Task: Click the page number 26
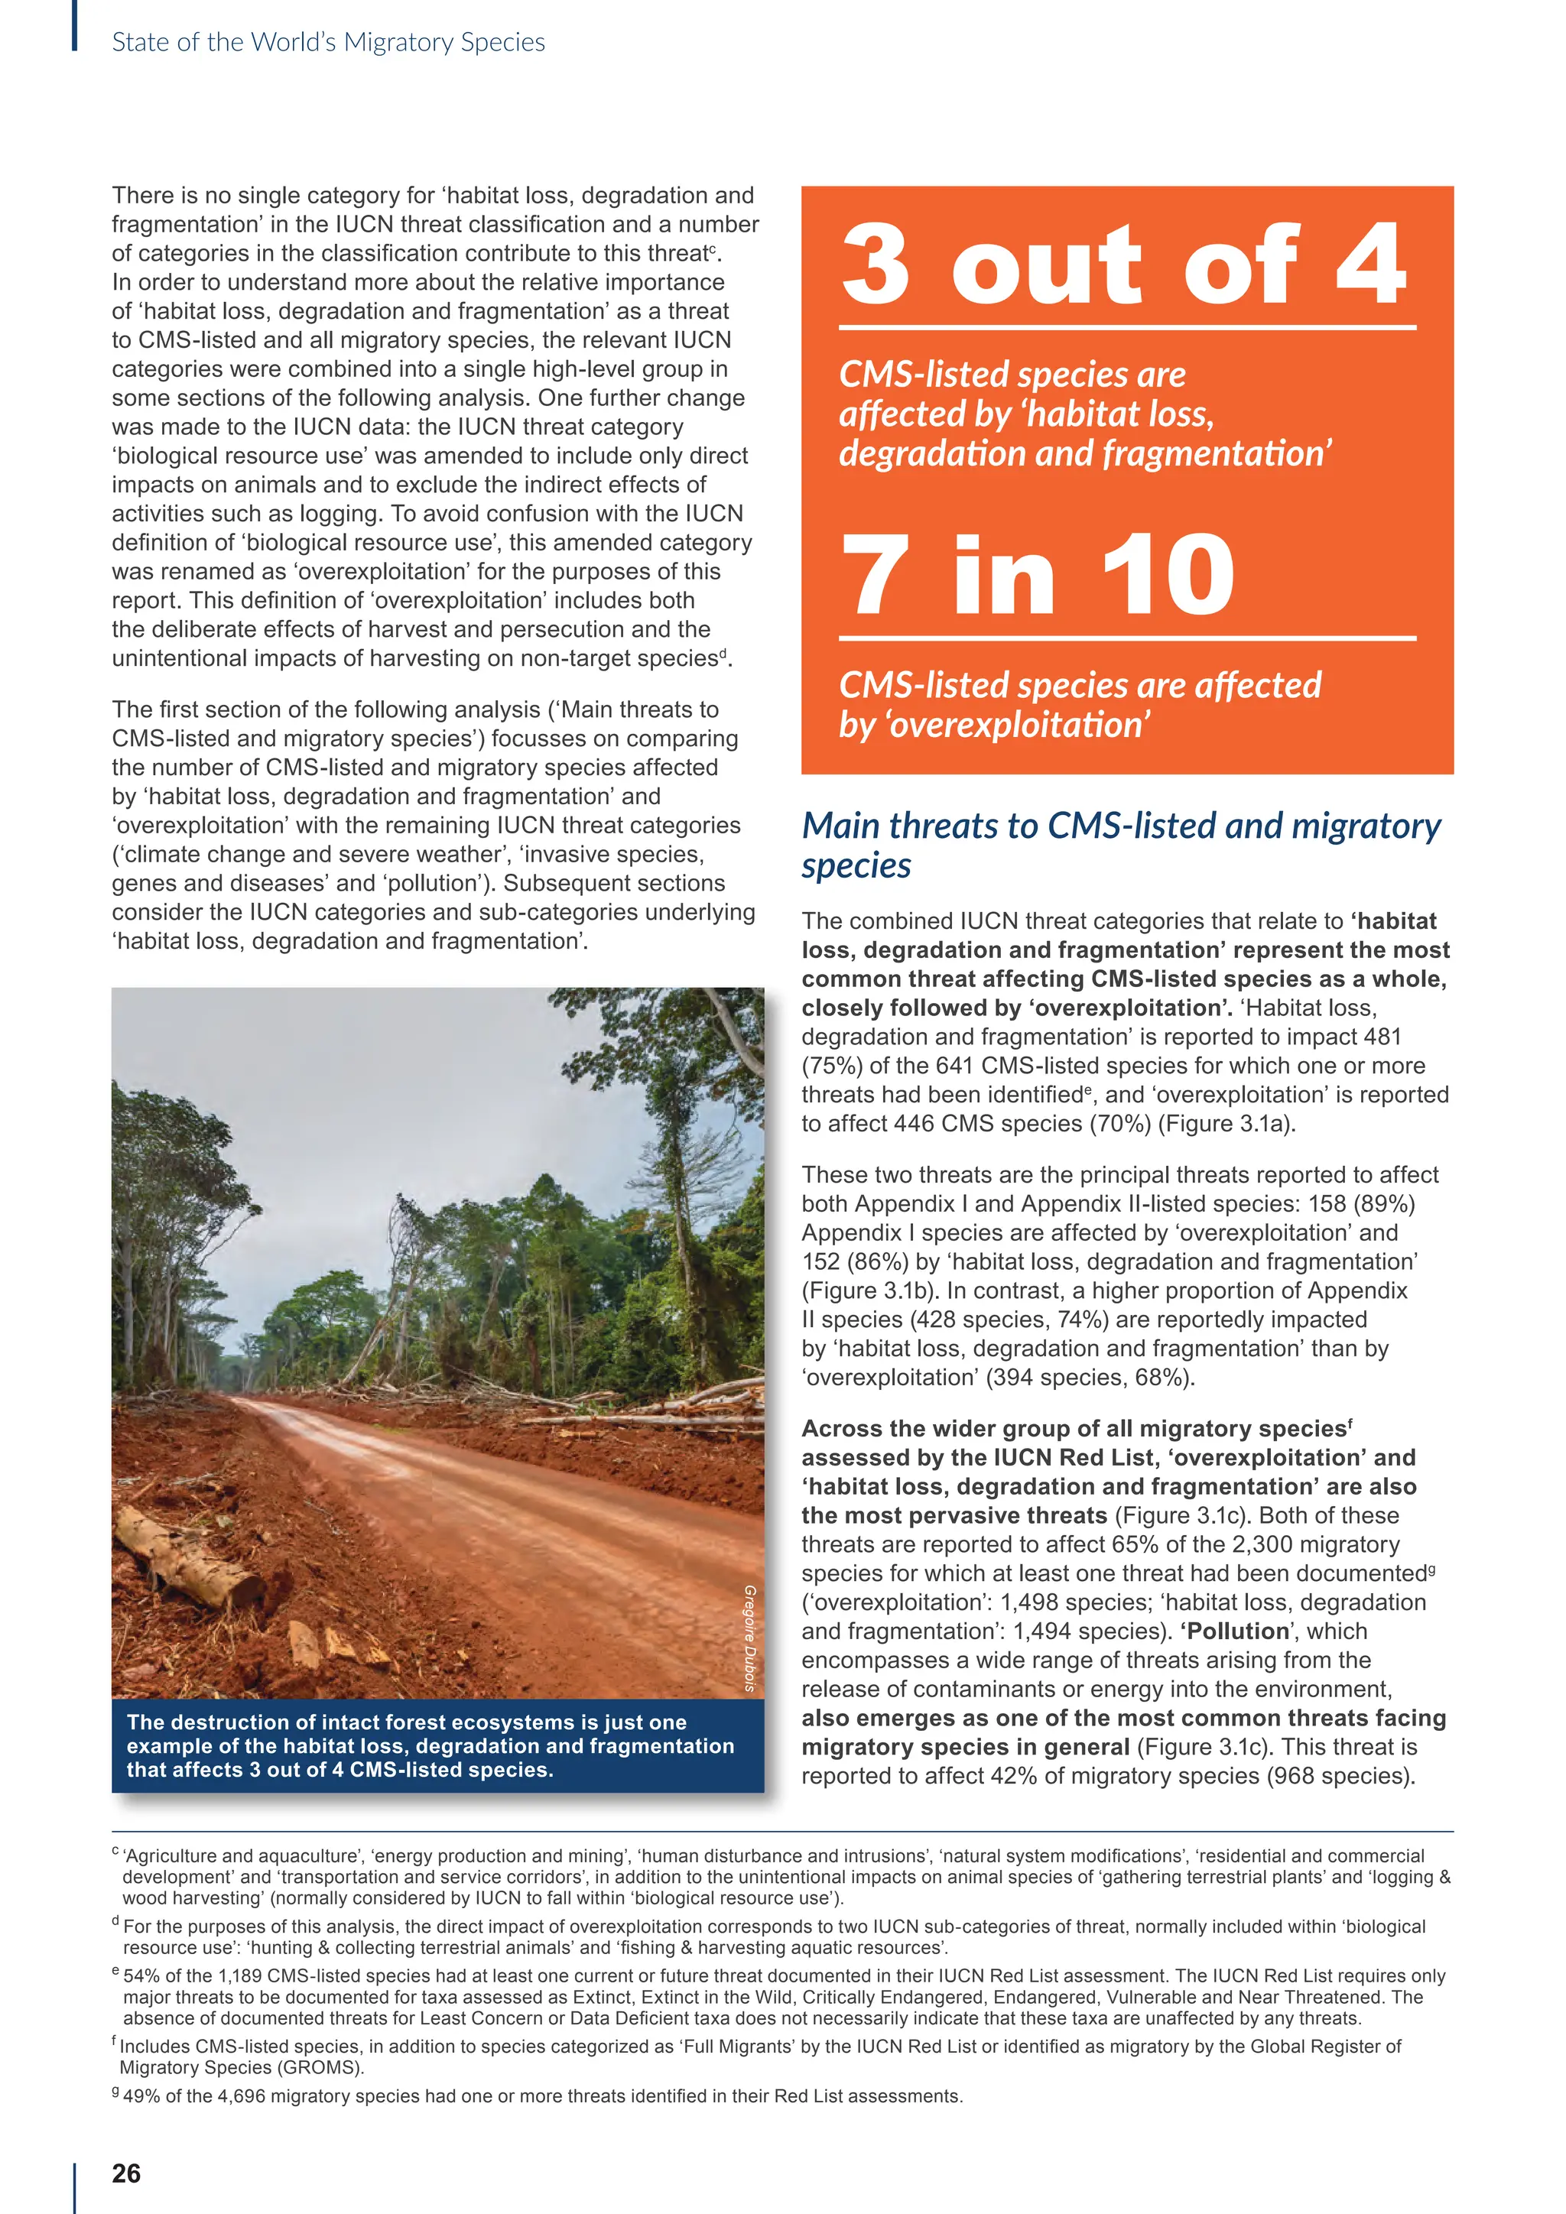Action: [126, 2173]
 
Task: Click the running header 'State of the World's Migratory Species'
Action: [328, 42]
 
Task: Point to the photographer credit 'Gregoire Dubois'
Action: [749, 1638]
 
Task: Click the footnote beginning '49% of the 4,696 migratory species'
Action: [542, 2096]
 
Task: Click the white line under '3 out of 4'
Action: [1126, 328]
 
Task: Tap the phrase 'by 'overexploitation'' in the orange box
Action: [994, 724]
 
